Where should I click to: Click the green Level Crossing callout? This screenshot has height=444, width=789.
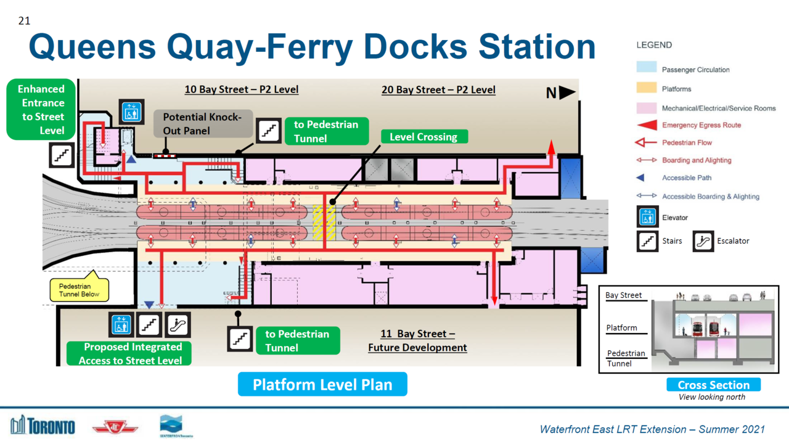click(424, 137)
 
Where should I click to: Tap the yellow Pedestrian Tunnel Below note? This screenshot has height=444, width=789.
click(79, 290)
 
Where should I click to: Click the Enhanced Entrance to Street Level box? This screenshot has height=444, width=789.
click(41, 110)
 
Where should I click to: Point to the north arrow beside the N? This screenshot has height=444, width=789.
click(567, 92)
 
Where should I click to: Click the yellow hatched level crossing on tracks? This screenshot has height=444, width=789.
click(324, 222)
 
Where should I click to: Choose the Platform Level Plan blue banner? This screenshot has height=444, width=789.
click(322, 384)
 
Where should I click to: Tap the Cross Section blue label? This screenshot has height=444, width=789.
click(713, 385)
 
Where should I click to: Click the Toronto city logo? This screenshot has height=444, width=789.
click(43, 425)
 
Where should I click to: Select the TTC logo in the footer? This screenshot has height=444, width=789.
click(115, 427)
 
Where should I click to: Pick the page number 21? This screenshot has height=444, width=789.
click(24, 22)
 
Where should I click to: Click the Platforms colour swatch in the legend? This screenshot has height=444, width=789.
click(645, 89)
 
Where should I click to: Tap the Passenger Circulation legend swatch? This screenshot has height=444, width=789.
click(645, 69)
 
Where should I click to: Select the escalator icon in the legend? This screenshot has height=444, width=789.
click(702, 240)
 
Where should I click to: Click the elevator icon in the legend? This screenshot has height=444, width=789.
click(647, 218)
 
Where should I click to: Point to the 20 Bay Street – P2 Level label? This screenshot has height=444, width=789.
click(438, 90)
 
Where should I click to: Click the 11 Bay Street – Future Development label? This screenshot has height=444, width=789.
click(417, 340)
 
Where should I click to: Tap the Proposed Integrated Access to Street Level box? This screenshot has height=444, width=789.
click(129, 353)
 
